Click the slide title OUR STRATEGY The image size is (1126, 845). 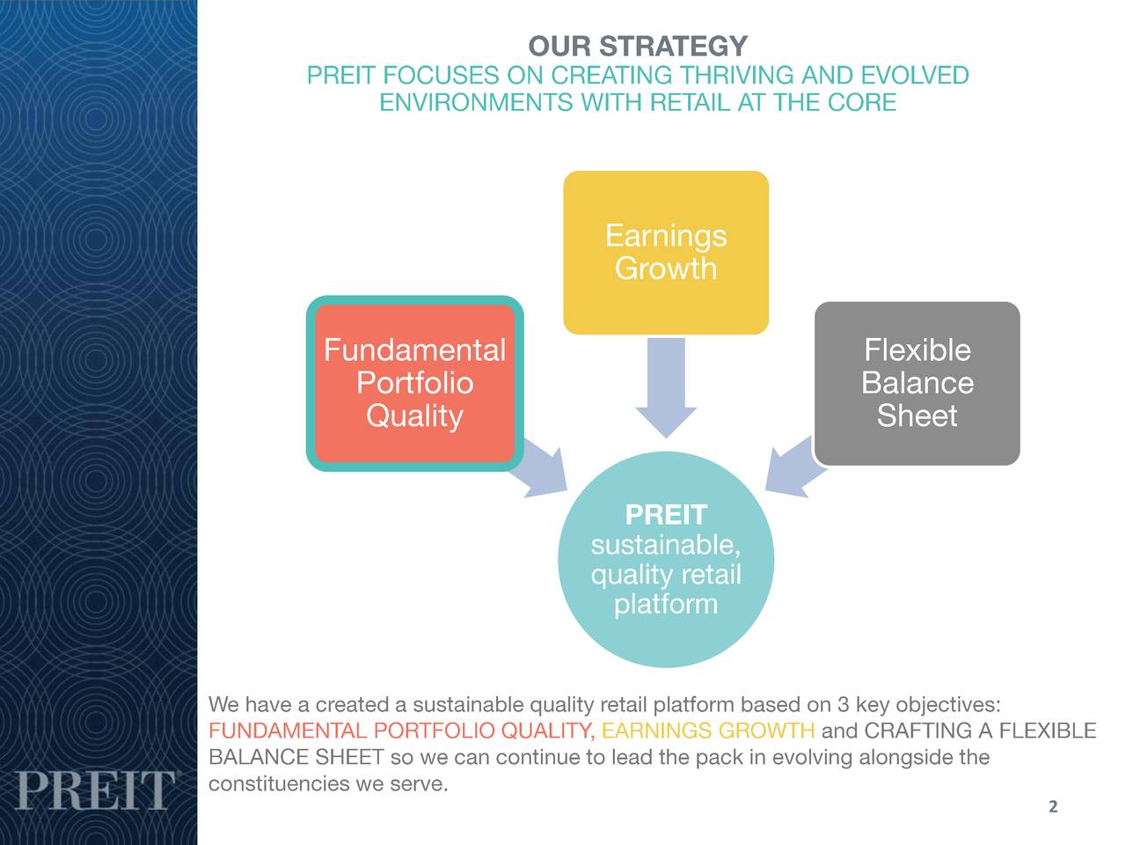point(638,46)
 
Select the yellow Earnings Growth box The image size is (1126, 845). point(666,253)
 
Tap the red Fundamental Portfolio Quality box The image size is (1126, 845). point(414,383)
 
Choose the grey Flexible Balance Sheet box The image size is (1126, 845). point(917,383)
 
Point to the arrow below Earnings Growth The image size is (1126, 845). point(666,387)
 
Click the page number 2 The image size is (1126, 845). point(1053,807)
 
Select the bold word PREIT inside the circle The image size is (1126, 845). point(666,515)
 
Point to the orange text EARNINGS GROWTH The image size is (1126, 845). point(708,731)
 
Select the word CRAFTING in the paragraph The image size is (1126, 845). point(918,731)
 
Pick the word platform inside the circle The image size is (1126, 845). point(666,605)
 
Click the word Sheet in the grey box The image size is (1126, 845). point(917,415)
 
